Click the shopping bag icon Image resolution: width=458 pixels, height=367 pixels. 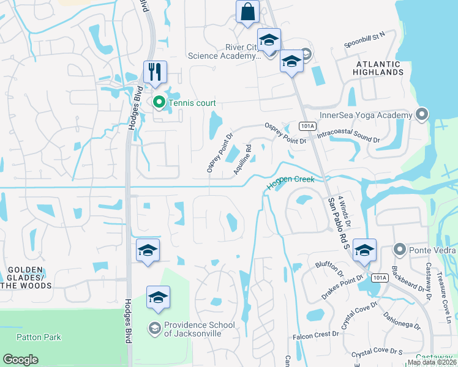point(247,12)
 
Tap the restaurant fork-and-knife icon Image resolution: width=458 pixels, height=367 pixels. point(155,72)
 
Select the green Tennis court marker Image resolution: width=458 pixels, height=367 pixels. point(159,103)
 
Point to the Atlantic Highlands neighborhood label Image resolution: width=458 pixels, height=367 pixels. point(378,68)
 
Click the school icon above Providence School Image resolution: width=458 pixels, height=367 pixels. point(158,298)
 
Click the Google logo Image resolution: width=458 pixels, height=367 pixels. point(20,360)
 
